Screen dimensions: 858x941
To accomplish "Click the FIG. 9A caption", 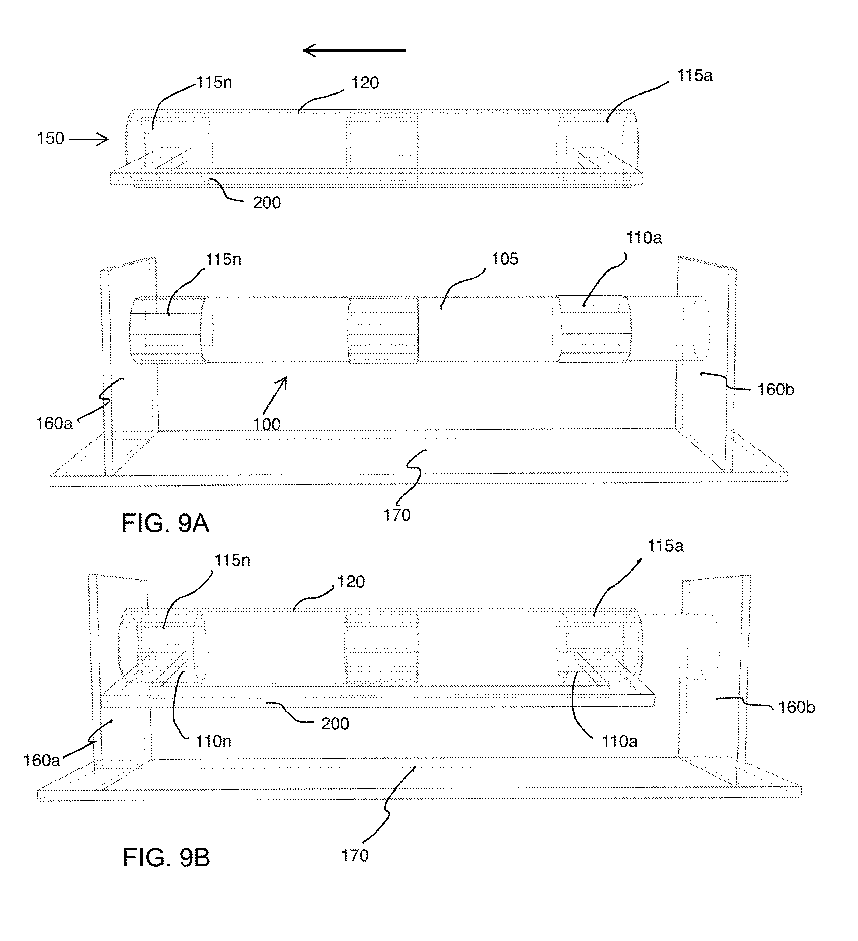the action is click(x=165, y=523).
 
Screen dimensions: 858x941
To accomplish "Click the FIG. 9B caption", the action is click(x=166, y=857).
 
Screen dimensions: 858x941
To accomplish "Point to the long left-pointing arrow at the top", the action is click(x=354, y=50).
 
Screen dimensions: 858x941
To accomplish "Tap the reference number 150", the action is click(x=51, y=138).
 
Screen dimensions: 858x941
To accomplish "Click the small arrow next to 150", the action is click(x=89, y=139).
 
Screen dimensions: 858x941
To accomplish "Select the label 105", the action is click(x=505, y=259).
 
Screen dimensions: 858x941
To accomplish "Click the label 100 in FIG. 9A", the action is click(x=267, y=424).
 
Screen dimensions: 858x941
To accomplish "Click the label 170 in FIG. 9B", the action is click(x=355, y=856).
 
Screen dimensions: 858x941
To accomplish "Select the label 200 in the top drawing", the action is click(x=267, y=203).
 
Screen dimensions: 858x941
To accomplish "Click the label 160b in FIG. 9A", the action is click(x=776, y=389).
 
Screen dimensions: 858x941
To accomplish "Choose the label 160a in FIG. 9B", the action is click(x=42, y=761).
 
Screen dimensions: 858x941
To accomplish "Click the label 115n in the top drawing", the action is click(x=214, y=82).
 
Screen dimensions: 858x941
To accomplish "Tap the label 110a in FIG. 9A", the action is click(x=644, y=238).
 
